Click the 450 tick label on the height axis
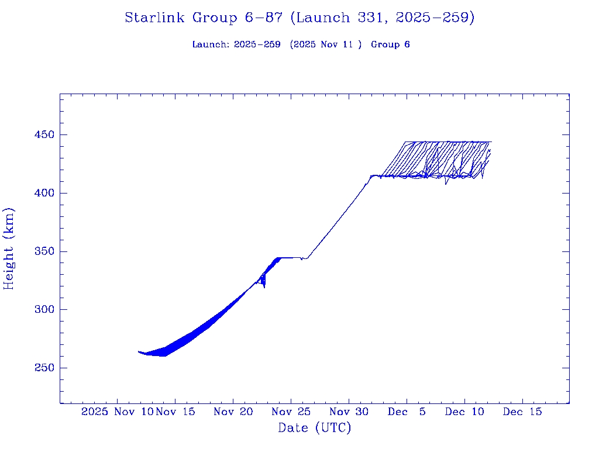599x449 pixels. [43, 135]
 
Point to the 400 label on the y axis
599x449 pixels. [43, 194]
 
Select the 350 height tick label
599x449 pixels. [43, 252]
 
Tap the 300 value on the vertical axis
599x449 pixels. [43, 310]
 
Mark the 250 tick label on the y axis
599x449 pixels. [43, 368]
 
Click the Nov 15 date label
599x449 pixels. [175, 412]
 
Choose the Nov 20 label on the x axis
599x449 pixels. [233, 412]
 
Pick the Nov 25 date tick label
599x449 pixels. [291, 412]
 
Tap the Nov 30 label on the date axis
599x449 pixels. [349, 412]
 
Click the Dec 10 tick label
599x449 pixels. [464, 412]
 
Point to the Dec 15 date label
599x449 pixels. [522, 412]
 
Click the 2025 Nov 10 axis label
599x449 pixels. [118, 412]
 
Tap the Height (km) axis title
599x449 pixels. [9, 248]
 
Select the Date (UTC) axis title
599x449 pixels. [315, 428]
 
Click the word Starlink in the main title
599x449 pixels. [156, 18]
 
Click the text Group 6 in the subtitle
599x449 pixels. [390, 44]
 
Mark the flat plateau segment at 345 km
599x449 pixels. [291, 257]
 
